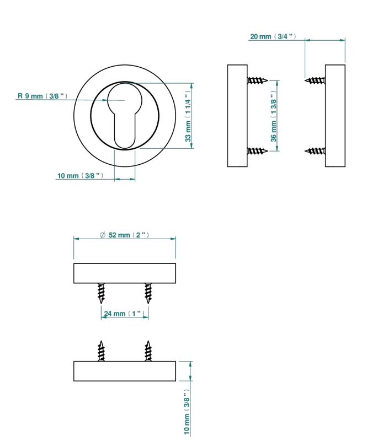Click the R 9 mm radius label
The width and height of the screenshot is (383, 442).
pyautogui.click(x=42, y=96)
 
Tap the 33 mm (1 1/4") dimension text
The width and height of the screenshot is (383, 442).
pyautogui.click(x=188, y=116)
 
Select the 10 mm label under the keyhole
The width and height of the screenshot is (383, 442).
pyautogui.click(x=80, y=176)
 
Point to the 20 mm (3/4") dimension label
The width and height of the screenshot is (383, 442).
pyautogui.click(x=273, y=36)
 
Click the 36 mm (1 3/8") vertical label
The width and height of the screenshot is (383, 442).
pyautogui.click(x=274, y=116)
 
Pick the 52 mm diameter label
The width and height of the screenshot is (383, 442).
pyautogui.click(x=124, y=235)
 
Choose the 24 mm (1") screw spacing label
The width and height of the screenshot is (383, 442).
pyautogui.click(x=124, y=314)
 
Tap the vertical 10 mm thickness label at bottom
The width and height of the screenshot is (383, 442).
pyautogui.click(x=187, y=412)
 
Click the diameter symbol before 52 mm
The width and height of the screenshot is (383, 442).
pyautogui.click(x=103, y=235)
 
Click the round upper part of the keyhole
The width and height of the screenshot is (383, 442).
pyautogui.click(x=125, y=97)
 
